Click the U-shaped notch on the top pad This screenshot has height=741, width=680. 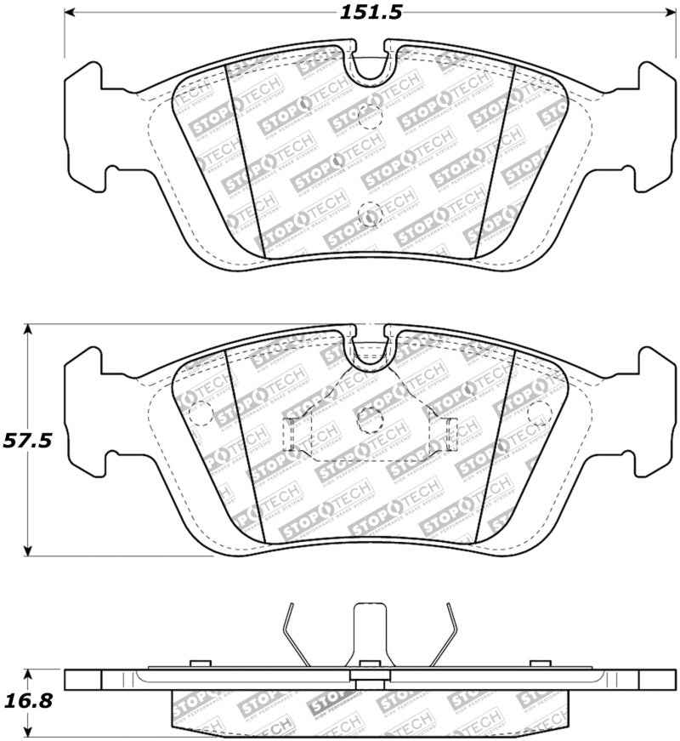click(370, 68)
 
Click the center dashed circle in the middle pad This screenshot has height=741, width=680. click(368, 418)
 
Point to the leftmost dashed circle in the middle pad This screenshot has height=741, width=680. click(199, 414)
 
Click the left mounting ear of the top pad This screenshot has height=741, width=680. click(85, 128)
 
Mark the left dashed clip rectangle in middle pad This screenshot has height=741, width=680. click(291, 434)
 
